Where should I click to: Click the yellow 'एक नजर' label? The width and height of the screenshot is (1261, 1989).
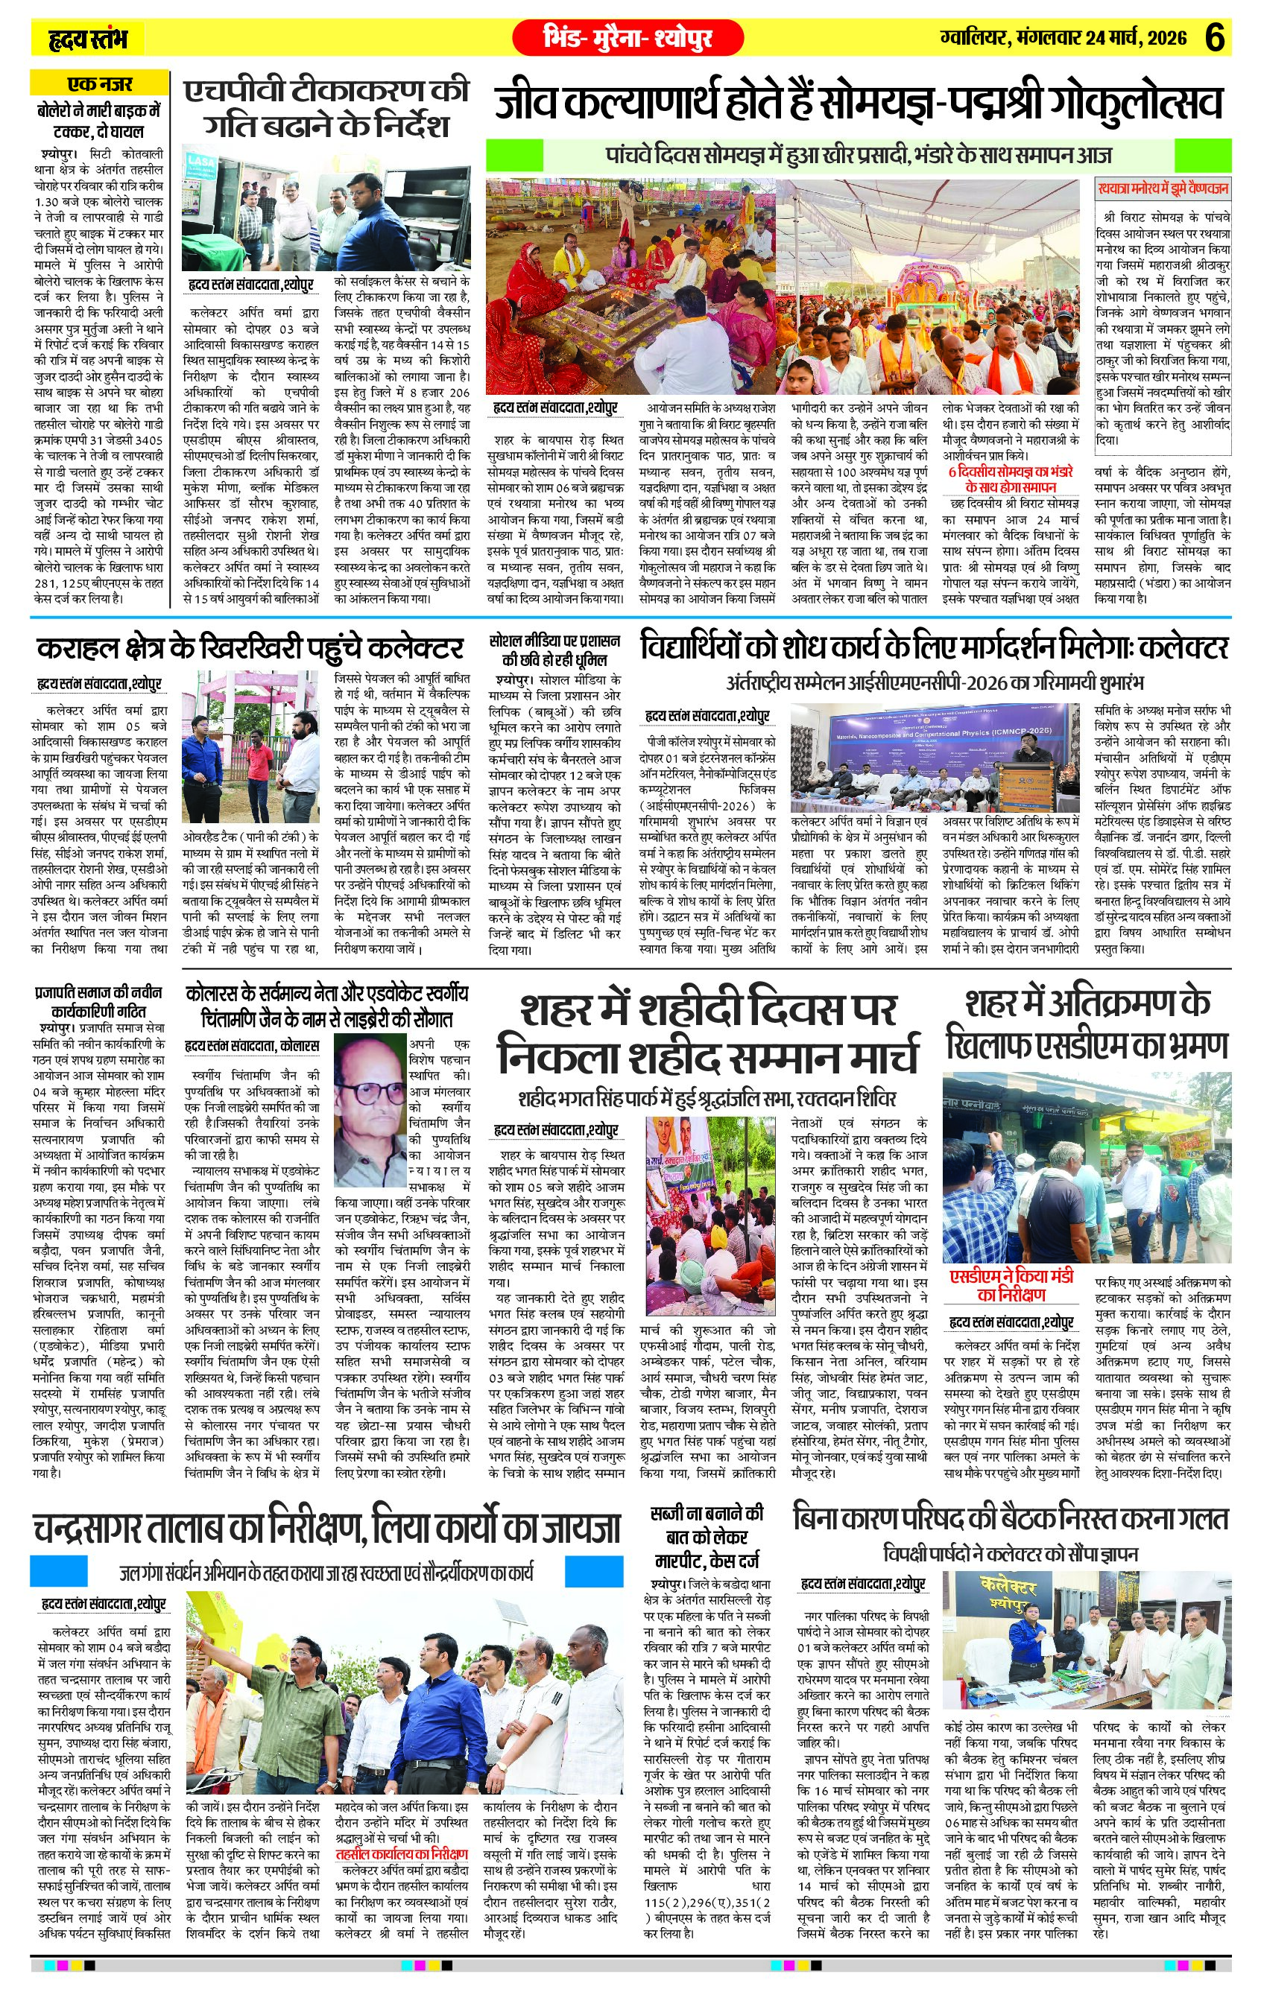click(x=98, y=83)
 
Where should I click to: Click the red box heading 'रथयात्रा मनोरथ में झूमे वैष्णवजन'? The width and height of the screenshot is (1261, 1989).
click(x=1162, y=188)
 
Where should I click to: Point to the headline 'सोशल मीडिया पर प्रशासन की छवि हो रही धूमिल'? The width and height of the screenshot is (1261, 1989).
click(x=554, y=650)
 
